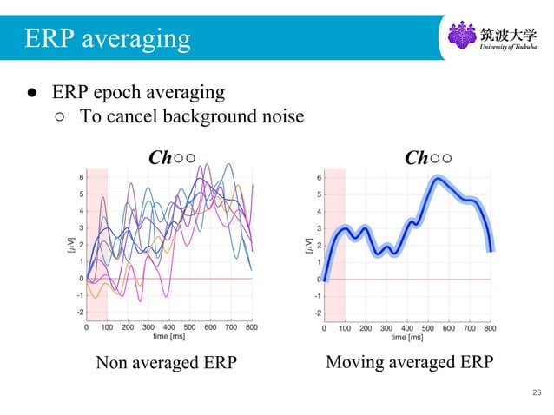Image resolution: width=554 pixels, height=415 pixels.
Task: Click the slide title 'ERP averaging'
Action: [x=108, y=38]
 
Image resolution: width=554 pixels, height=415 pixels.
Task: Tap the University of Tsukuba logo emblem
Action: [x=461, y=37]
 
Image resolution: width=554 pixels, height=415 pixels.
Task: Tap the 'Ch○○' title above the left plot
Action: [x=171, y=157]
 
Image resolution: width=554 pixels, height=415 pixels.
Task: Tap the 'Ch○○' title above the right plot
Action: [x=427, y=157]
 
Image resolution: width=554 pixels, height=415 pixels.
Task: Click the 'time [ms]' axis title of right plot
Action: [x=407, y=336]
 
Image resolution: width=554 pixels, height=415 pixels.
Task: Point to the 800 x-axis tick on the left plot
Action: [x=252, y=327]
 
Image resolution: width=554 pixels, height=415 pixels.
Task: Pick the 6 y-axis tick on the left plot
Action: [x=81, y=177]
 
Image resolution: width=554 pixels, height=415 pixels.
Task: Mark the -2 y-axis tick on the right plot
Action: [x=317, y=312]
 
